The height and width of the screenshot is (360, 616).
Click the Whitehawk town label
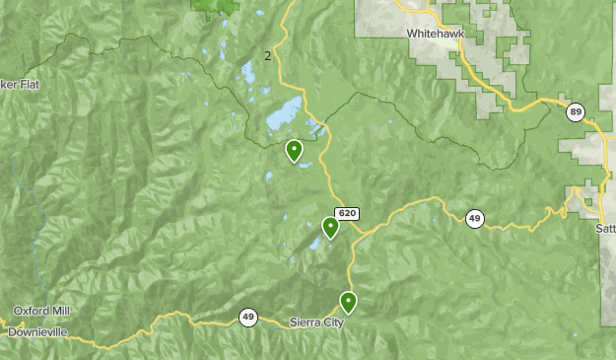tap(434, 34)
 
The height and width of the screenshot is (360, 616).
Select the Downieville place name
tap(37, 332)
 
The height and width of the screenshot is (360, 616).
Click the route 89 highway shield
tap(575, 112)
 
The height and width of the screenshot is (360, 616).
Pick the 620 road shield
tap(346, 213)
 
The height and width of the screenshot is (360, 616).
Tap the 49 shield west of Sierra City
tap(247, 318)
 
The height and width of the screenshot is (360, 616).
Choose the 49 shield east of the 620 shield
tap(475, 219)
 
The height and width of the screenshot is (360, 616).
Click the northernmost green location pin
tap(294, 151)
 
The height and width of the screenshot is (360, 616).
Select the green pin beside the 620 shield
tap(330, 228)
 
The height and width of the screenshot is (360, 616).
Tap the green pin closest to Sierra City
tap(348, 302)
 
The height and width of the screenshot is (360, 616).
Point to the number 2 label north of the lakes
tap(267, 55)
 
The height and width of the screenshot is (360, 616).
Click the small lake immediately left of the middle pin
tap(314, 243)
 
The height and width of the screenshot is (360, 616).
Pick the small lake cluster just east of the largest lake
tap(315, 126)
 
